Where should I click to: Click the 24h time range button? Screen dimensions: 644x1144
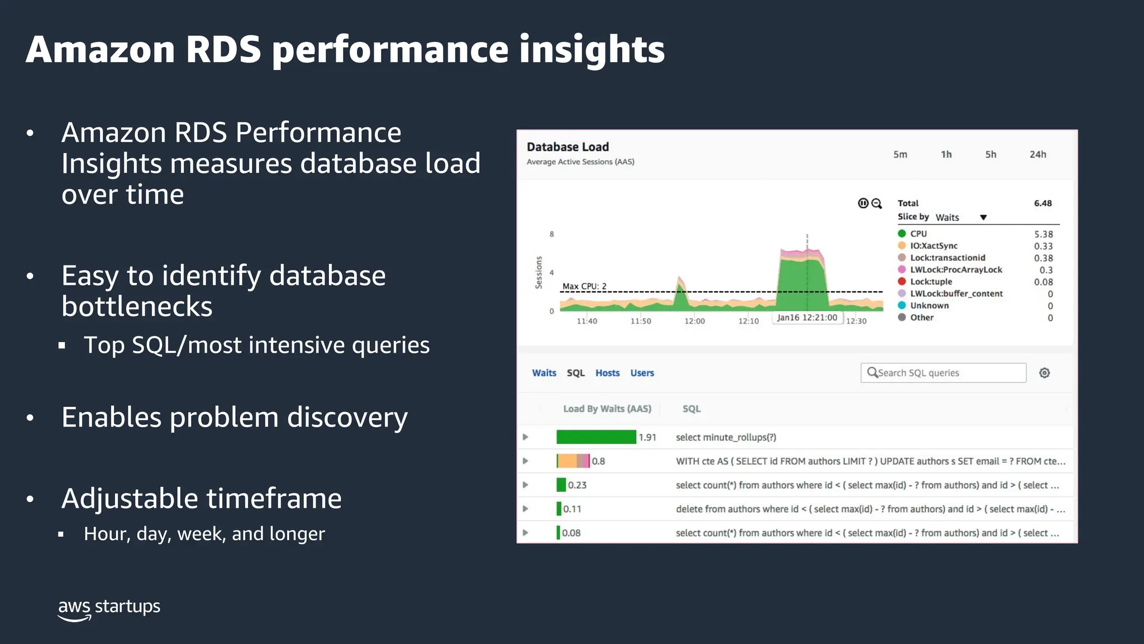1037,154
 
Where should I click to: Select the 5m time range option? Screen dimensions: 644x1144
900,154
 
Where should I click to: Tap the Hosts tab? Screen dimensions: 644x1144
607,373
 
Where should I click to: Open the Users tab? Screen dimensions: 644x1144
642,373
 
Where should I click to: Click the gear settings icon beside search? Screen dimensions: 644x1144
1044,373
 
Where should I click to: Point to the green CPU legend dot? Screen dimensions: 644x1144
902,234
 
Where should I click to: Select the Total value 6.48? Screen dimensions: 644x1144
1042,203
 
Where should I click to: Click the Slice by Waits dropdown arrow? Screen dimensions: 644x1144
983,217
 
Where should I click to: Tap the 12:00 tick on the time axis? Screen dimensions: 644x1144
694,321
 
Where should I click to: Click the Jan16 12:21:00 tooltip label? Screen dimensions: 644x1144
807,318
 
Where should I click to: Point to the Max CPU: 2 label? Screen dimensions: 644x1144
584,286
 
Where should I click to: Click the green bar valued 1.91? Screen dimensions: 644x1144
596,437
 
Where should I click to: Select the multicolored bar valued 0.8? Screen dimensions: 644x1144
573,461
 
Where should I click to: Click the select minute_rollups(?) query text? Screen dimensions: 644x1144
726,437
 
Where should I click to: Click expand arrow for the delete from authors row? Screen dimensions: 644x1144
525,509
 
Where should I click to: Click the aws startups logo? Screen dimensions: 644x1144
109,608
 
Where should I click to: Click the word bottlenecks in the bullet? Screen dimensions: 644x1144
137,306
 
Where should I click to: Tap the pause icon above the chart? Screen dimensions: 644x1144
863,203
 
